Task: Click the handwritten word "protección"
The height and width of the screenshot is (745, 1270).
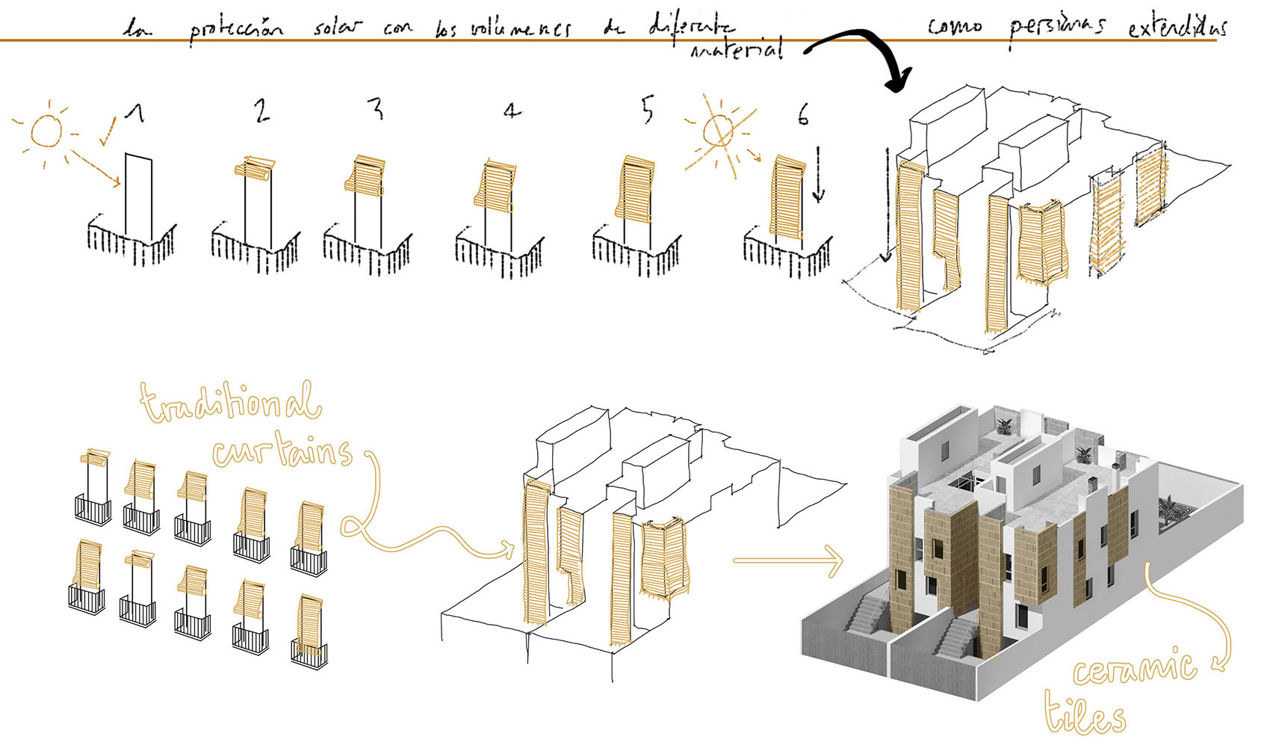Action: pyautogui.click(x=235, y=30)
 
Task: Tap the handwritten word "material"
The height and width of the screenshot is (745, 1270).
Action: pyautogui.click(x=737, y=50)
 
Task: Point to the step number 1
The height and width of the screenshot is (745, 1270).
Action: pyautogui.click(x=134, y=113)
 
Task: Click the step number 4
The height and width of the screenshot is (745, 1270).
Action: pyautogui.click(x=511, y=112)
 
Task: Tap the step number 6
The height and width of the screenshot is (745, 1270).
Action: pyautogui.click(x=802, y=115)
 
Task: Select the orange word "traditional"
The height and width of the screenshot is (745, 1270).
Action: pyautogui.click(x=232, y=404)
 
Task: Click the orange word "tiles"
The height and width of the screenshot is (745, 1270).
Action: pyautogui.click(x=1085, y=716)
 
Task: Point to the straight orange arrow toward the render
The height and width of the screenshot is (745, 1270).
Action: pyautogui.click(x=787, y=560)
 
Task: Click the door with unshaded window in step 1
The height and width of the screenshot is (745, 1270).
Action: pyautogui.click(x=139, y=194)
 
